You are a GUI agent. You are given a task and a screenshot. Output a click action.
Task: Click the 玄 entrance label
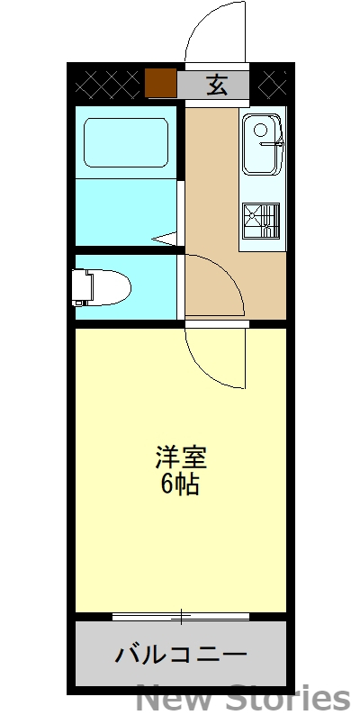click(217, 86)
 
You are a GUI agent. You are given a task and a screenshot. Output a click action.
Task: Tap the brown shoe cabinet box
click(159, 84)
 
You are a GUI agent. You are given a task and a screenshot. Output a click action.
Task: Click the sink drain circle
click(262, 131)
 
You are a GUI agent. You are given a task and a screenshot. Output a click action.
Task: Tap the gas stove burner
click(261, 219)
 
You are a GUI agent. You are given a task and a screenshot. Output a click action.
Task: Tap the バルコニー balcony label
click(180, 655)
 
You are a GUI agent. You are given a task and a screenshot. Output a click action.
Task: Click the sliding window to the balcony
click(181, 617)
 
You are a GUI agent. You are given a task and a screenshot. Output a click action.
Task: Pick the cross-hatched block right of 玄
click(272, 85)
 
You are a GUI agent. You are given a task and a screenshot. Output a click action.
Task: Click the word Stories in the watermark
click(289, 700)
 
